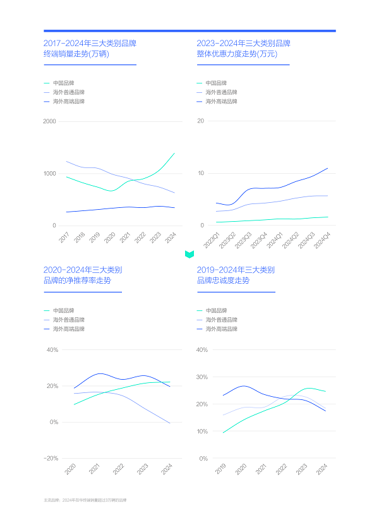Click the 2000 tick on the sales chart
click(49, 121)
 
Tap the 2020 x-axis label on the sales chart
click(110, 238)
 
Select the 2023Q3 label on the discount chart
click(243, 241)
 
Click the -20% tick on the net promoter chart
click(51, 458)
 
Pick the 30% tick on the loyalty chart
click(202, 377)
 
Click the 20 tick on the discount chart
click(200, 121)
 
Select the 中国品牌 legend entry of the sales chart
click(63, 83)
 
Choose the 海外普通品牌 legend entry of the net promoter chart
click(68, 320)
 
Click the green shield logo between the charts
click(189, 254)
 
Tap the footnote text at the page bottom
click(89, 500)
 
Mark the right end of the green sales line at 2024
click(174, 153)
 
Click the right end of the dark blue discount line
click(327, 168)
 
